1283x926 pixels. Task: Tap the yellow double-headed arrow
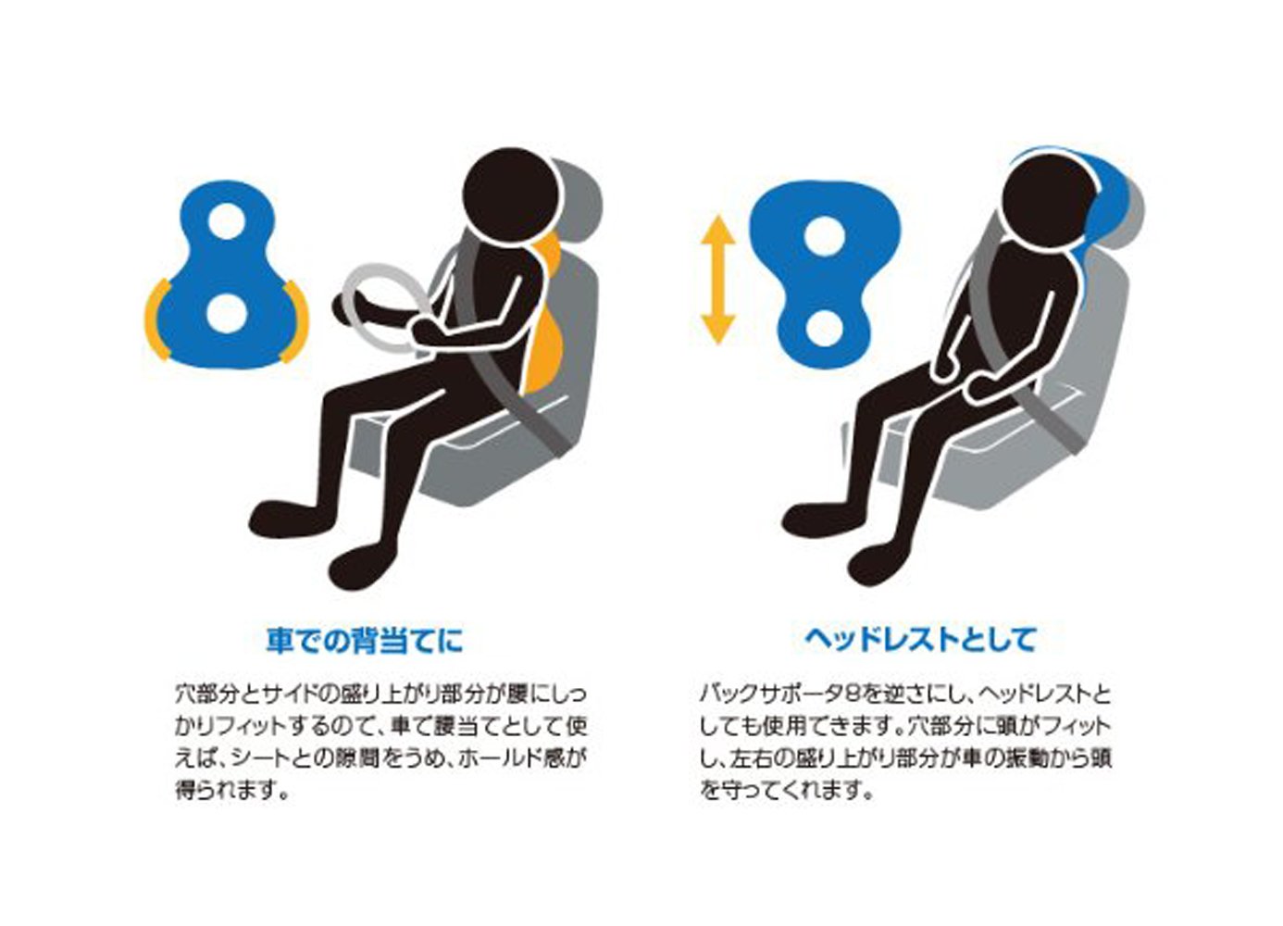point(717,280)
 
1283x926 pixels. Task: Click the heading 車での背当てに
point(365,641)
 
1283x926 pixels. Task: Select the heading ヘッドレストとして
point(920,640)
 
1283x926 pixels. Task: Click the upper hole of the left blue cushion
point(228,221)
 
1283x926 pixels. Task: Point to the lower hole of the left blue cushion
point(227,313)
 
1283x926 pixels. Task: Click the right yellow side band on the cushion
point(297,321)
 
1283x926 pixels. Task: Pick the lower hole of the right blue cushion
point(825,328)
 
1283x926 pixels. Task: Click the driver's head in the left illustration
point(510,196)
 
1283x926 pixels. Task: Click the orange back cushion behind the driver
point(544,321)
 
